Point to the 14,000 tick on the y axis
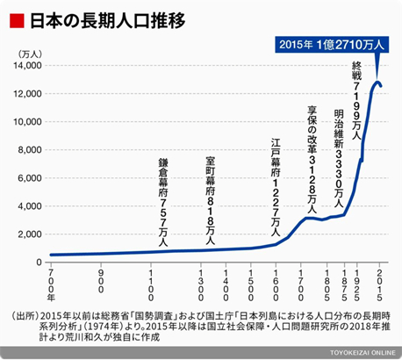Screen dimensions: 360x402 click(27, 66)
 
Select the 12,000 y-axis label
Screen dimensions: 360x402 click(27, 94)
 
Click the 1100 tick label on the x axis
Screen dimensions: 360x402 click(152, 283)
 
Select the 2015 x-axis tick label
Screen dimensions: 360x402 click(379, 283)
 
